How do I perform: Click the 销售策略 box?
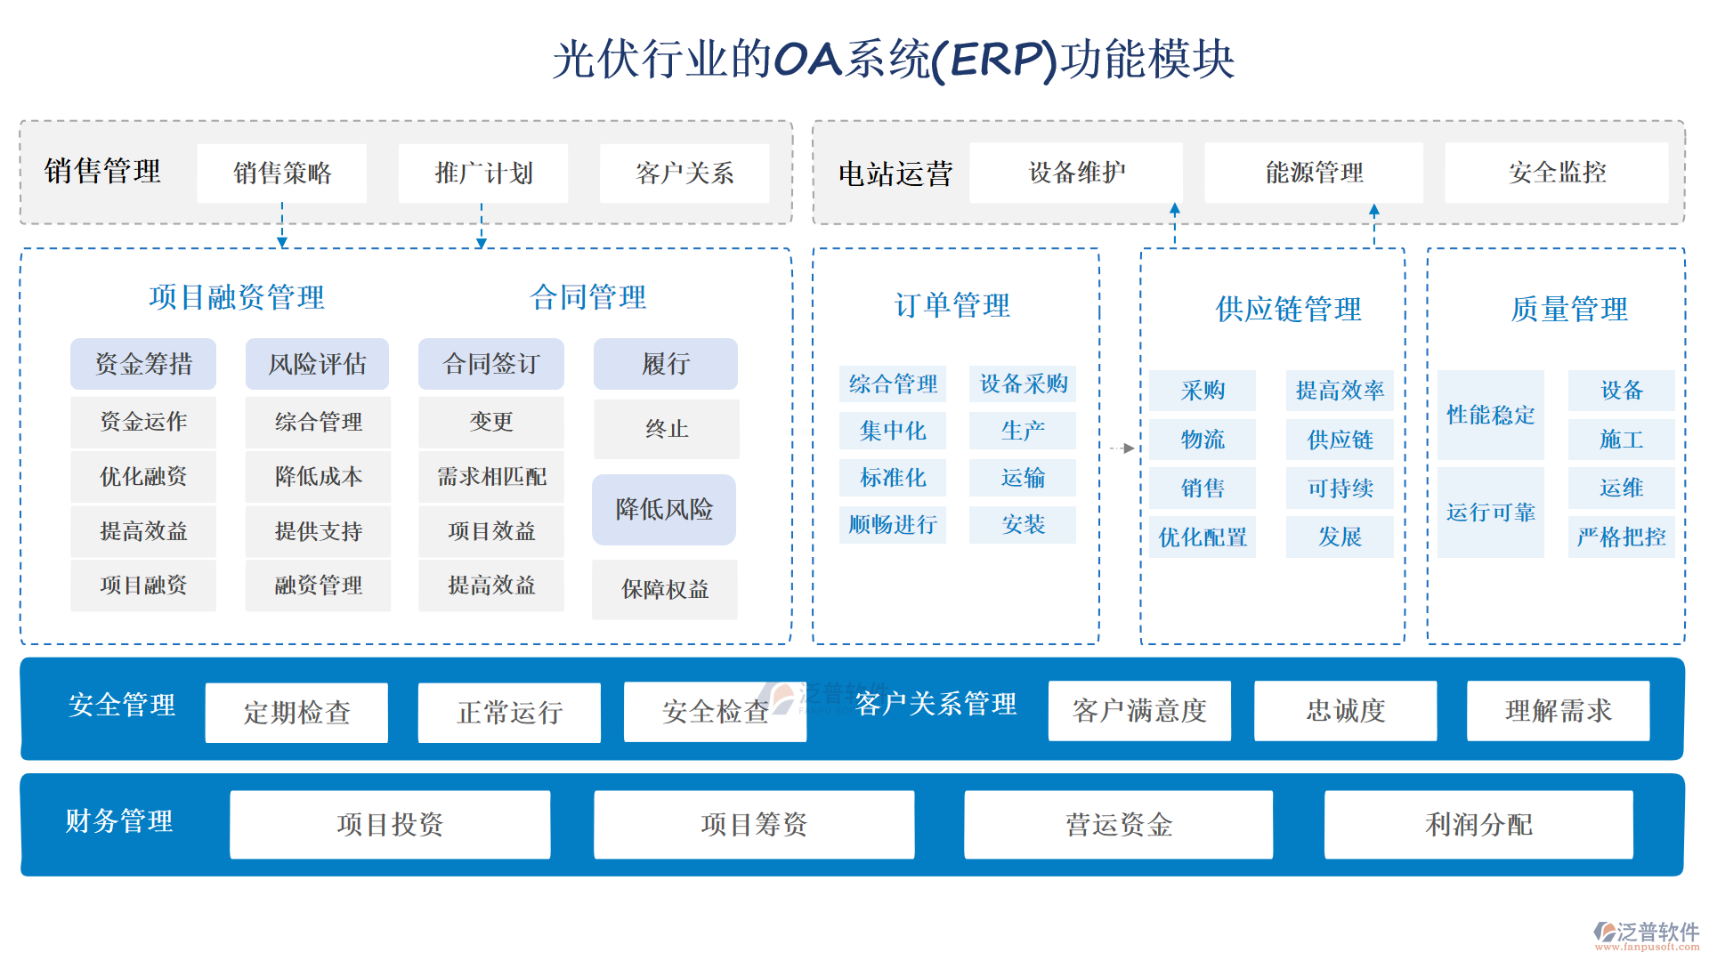(x=282, y=173)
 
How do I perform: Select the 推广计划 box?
(x=483, y=173)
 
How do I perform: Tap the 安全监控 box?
(x=1557, y=173)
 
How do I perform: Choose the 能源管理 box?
(x=1314, y=173)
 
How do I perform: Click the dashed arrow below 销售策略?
(x=282, y=226)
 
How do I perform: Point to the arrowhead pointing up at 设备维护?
(x=1175, y=209)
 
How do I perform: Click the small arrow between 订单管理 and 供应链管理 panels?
(x=1122, y=448)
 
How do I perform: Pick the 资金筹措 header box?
(x=143, y=364)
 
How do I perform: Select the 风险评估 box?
(x=318, y=364)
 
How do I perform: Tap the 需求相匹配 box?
(x=491, y=477)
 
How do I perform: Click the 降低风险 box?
(x=664, y=510)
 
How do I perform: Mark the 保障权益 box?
(x=665, y=589)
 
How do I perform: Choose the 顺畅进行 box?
(x=893, y=525)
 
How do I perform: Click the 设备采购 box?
(x=1023, y=384)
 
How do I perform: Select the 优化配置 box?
(x=1203, y=537)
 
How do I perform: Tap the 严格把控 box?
(x=1621, y=537)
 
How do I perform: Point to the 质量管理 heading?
(x=1568, y=310)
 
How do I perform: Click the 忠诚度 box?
(x=1345, y=711)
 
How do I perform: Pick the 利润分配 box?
(x=1478, y=825)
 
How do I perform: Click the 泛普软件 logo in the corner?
(x=1646, y=935)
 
